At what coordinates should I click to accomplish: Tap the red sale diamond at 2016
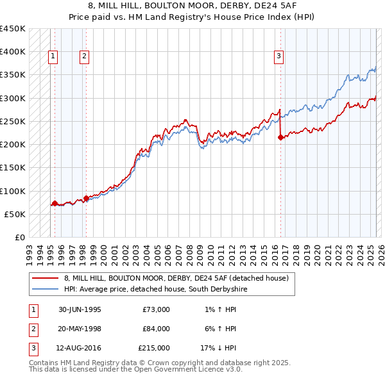point(280,137)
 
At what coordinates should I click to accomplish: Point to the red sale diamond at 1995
point(55,203)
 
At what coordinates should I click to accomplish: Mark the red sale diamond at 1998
point(86,198)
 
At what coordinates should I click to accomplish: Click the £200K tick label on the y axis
point(12,145)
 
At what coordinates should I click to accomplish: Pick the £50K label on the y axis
point(15,215)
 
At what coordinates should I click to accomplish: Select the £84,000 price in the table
point(156,329)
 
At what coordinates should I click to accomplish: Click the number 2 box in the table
point(32,329)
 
